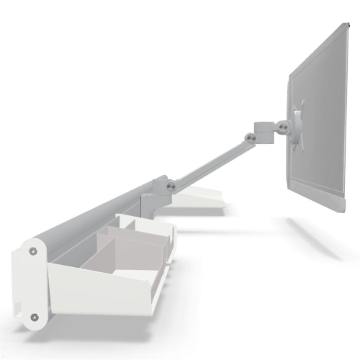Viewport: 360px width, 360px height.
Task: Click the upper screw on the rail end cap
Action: (33, 251)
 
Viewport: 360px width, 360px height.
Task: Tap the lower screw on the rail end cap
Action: (35, 317)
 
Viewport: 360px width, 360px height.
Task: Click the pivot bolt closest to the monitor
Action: (283, 127)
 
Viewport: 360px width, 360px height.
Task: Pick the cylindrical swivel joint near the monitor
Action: (264, 132)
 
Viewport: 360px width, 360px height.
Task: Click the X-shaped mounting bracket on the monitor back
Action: (299, 126)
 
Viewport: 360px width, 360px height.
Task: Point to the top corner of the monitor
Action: (346, 25)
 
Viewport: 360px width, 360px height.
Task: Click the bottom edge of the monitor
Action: (315, 198)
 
